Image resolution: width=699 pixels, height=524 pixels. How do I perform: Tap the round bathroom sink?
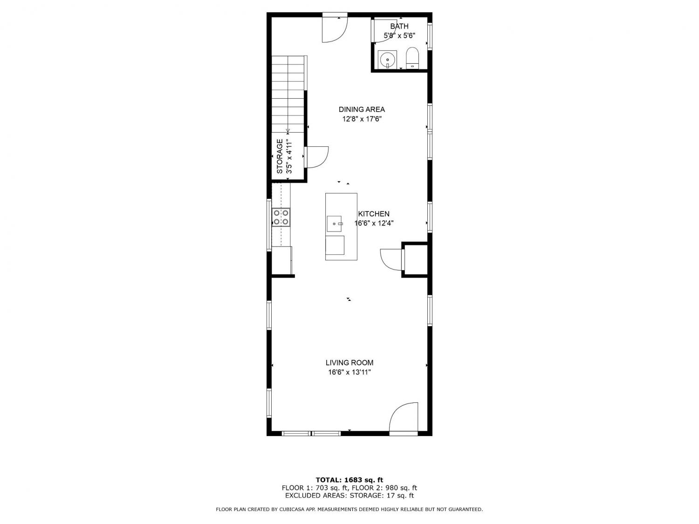point(387,60)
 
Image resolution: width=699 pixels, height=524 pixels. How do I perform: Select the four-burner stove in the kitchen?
point(281,218)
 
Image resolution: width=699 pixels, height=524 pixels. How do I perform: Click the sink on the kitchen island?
point(334,224)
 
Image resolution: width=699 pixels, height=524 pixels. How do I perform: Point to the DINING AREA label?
point(362,109)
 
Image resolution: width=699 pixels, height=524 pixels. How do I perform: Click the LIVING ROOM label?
point(349,362)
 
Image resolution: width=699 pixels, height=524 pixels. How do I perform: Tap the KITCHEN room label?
point(374,214)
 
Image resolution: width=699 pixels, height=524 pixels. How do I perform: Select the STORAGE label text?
point(280,156)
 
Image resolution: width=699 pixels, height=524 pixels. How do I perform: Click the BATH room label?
point(399,26)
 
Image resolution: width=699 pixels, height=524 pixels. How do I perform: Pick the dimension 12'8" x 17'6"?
point(362,119)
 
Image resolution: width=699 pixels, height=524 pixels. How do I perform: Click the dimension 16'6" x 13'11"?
point(349,372)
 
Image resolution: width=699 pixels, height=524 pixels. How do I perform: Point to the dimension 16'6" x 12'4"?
point(374,223)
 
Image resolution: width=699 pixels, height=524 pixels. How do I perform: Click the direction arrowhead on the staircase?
point(288,131)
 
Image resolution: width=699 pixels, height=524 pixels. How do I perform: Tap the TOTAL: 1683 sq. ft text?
point(349,480)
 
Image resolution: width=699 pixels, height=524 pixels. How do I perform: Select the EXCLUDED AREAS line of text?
point(349,496)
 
